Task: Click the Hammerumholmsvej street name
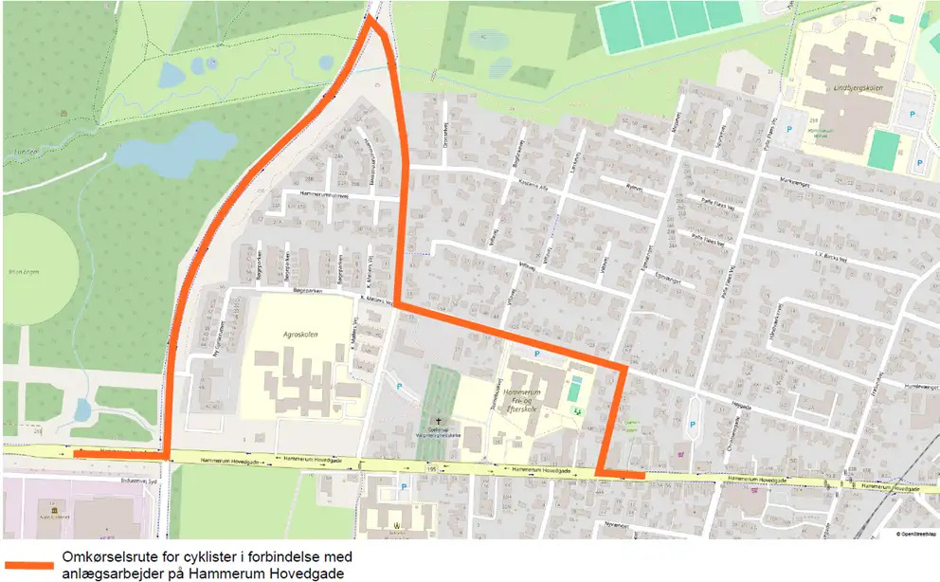pyautogui.click(x=324, y=194)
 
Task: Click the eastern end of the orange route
pyautogui.click(x=643, y=475)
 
